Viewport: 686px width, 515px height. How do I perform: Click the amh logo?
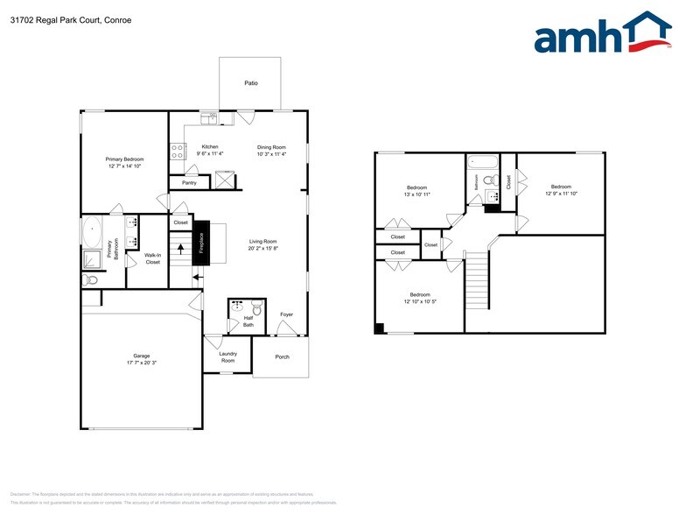[x=604, y=35]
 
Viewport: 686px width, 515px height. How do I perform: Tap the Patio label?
[x=250, y=83]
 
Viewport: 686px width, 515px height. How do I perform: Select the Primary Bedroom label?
[x=125, y=158]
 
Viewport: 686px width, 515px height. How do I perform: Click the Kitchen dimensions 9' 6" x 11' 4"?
[x=210, y=154]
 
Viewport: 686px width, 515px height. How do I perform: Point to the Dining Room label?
[x=271, y=147]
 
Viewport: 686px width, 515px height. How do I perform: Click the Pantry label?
[x=189, y=183]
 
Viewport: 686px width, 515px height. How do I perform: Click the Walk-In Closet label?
[x=152, y=258]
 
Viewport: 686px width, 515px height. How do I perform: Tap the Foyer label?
[x=286, y=314]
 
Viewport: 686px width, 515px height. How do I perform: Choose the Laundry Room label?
[x=227, y=356]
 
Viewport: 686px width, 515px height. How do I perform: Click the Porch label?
[x=282, y=356]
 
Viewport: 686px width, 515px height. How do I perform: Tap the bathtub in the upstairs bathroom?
[x=479, y=161]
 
